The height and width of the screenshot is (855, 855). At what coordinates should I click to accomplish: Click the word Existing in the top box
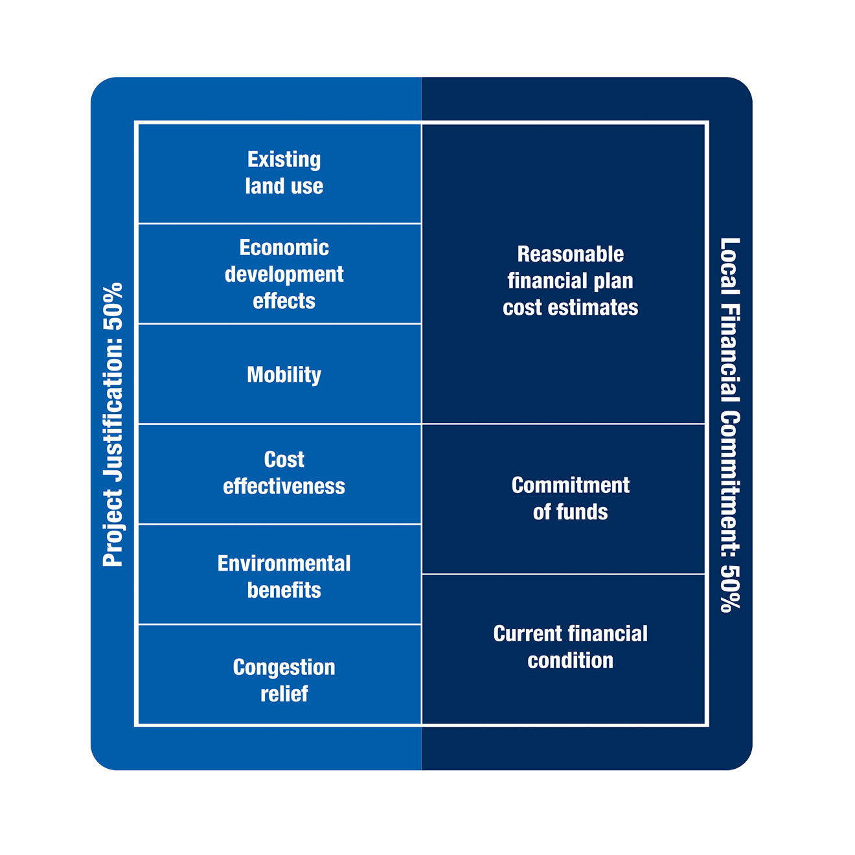point(284,160)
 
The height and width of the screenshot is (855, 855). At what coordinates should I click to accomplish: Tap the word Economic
point(284,247)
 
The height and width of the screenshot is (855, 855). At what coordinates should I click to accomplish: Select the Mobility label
point(284,375)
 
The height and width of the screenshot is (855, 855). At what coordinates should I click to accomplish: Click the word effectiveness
point(284,486)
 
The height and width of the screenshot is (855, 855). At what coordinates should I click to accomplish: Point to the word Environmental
point(284,564)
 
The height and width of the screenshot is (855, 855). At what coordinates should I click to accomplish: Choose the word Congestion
point(284,668)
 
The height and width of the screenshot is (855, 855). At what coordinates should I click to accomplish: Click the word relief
point(284,694)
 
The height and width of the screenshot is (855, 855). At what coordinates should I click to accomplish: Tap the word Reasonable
point(571,255)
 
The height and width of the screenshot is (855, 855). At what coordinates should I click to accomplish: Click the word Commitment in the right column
point(571,485)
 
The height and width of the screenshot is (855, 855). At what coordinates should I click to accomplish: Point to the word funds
point(582,512)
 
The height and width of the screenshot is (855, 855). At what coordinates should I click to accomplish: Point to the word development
point(284,275)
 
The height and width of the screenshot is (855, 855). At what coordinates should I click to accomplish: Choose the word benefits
point(284,591)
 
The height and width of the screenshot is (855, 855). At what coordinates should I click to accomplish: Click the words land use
point(284,186)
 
